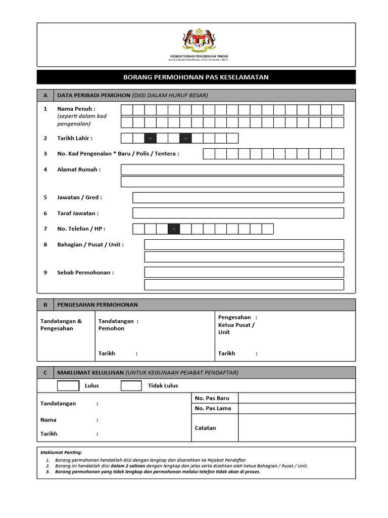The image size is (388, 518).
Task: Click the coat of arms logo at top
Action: click(199, 40)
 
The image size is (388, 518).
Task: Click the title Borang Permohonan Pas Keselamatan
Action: click(196, 77)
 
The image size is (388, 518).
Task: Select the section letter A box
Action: click(45, 96)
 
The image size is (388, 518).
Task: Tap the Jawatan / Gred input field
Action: click(238, 197)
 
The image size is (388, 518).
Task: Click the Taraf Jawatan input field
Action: click(238, 213)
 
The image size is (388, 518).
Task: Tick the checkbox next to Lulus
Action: click(68, 386)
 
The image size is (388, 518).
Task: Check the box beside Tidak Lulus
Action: click(131, 386)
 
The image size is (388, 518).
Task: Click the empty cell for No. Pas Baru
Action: click(297, 398)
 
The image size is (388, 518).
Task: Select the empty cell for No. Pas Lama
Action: click(297, 408)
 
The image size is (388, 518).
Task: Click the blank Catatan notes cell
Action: click(297, 428)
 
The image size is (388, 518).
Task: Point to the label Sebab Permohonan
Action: click(85, 273)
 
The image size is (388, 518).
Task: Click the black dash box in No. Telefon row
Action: click(174, 229)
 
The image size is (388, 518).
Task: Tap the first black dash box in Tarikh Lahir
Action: click(151, 138)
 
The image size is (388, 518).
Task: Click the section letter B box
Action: click(45, 305)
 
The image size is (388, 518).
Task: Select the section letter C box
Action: click(45, 373)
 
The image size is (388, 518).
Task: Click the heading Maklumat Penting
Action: click(61, 452)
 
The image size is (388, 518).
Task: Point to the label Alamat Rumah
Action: click(79, 169)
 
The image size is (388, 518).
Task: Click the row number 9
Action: click(45, 273)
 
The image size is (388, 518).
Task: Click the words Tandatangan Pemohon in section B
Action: click(118, 325)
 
